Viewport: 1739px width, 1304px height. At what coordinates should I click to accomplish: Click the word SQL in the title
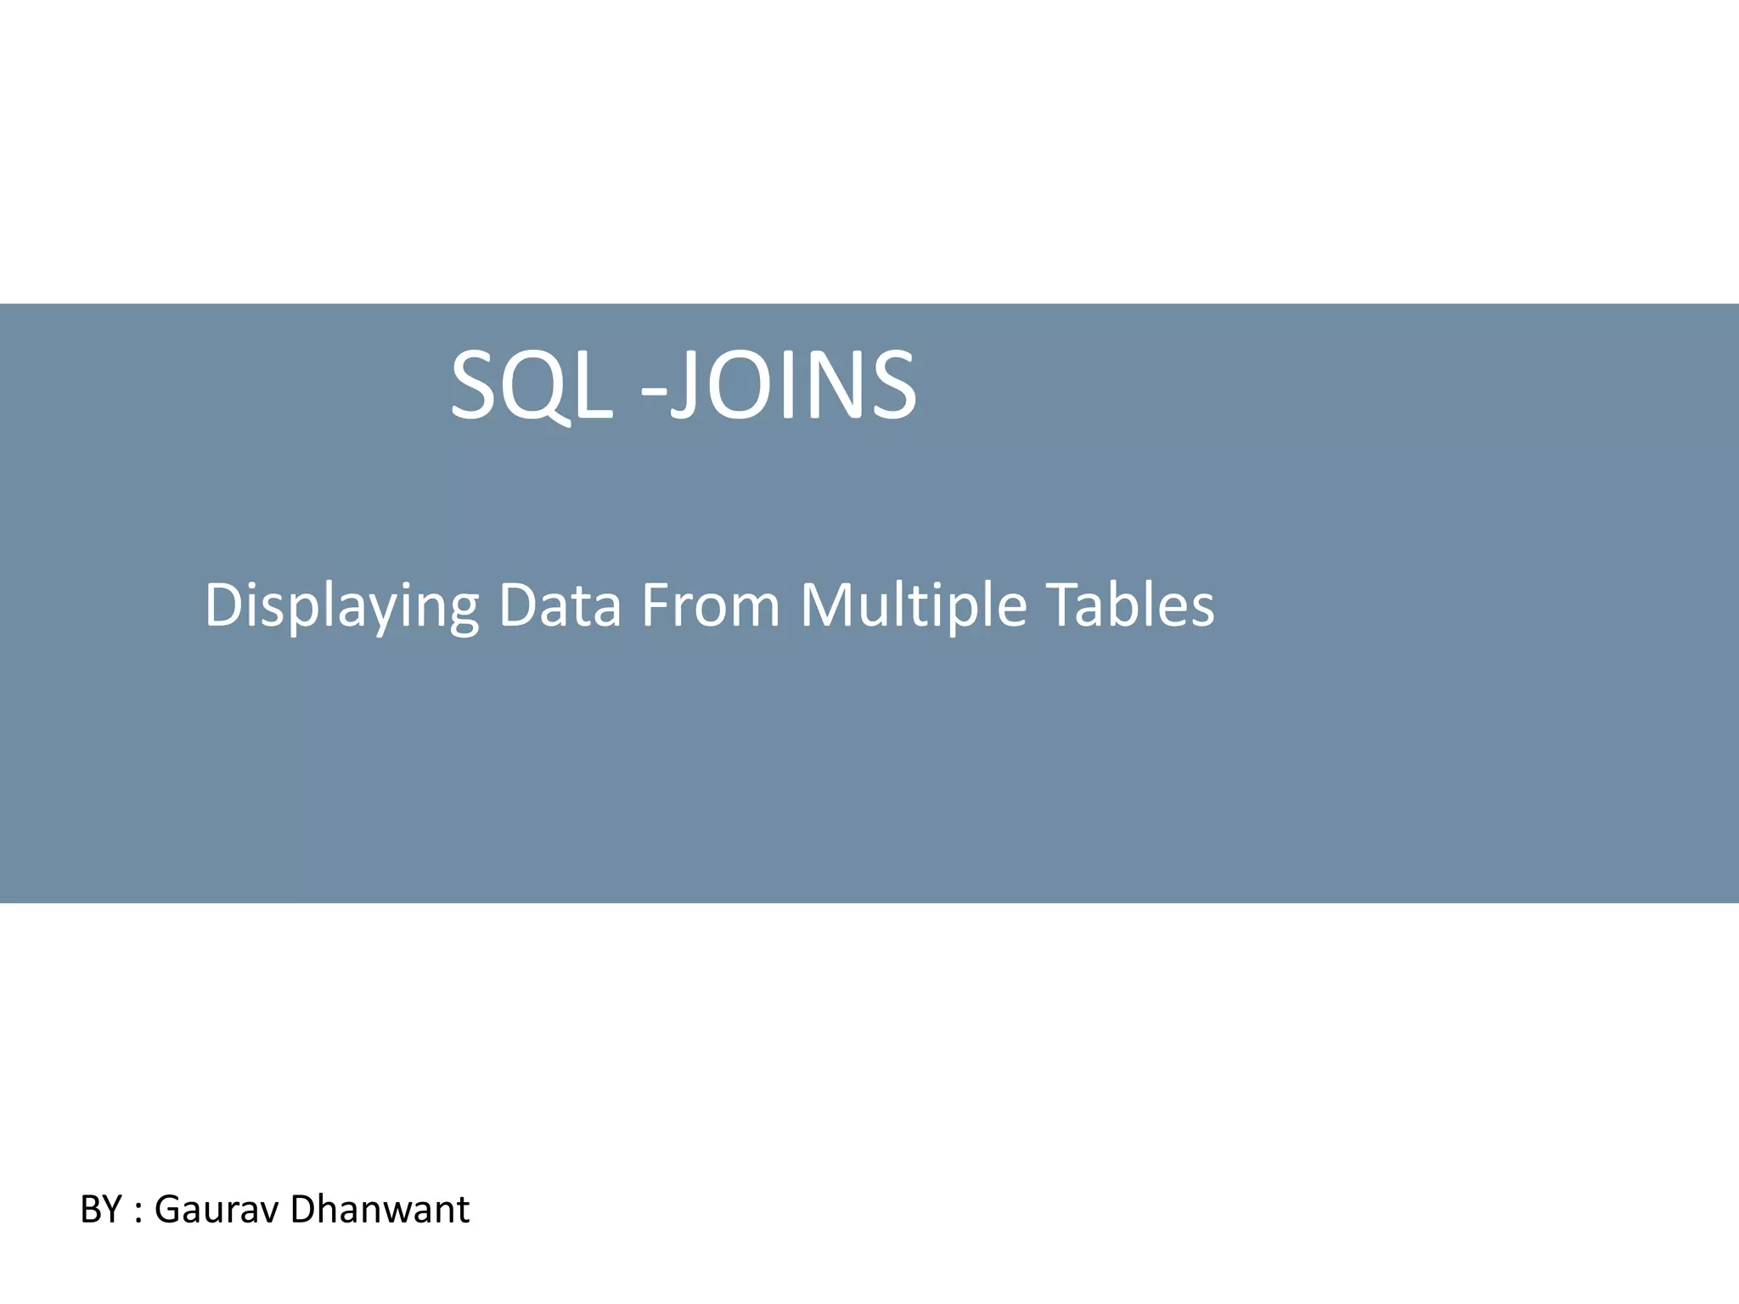(x=531, y=386)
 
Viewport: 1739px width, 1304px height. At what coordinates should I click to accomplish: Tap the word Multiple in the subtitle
(x=914, y=606)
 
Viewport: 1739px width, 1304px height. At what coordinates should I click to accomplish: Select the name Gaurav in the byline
(x=217, y=1209)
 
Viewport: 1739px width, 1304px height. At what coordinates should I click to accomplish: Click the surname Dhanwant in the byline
(x=379, y=1209)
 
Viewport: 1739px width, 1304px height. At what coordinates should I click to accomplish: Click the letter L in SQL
(x=594, y=386)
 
